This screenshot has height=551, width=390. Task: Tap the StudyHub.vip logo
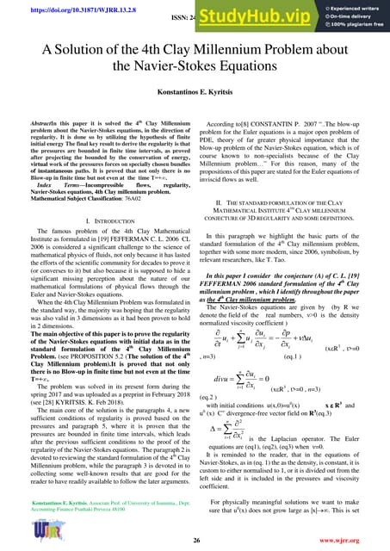click(258, 15)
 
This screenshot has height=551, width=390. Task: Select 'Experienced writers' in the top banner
click(350, 8)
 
